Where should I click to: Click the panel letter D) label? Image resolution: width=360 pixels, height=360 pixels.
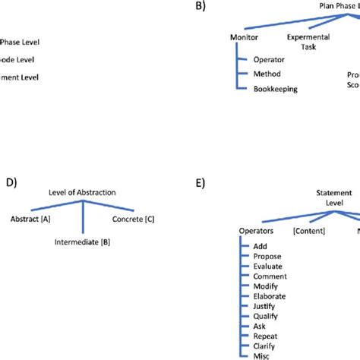point(10,182)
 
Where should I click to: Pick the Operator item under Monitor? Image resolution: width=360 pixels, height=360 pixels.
point(269,60)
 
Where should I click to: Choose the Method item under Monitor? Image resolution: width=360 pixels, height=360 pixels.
point(267,74)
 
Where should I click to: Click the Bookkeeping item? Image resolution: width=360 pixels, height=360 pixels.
point(276,88)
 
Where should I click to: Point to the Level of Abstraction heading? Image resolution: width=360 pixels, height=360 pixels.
point(81,193)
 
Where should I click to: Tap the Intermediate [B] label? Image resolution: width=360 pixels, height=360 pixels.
point(83,243)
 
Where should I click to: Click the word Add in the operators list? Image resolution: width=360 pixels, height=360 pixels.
point(261,246)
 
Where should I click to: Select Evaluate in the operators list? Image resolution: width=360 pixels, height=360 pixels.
point(268,267)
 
